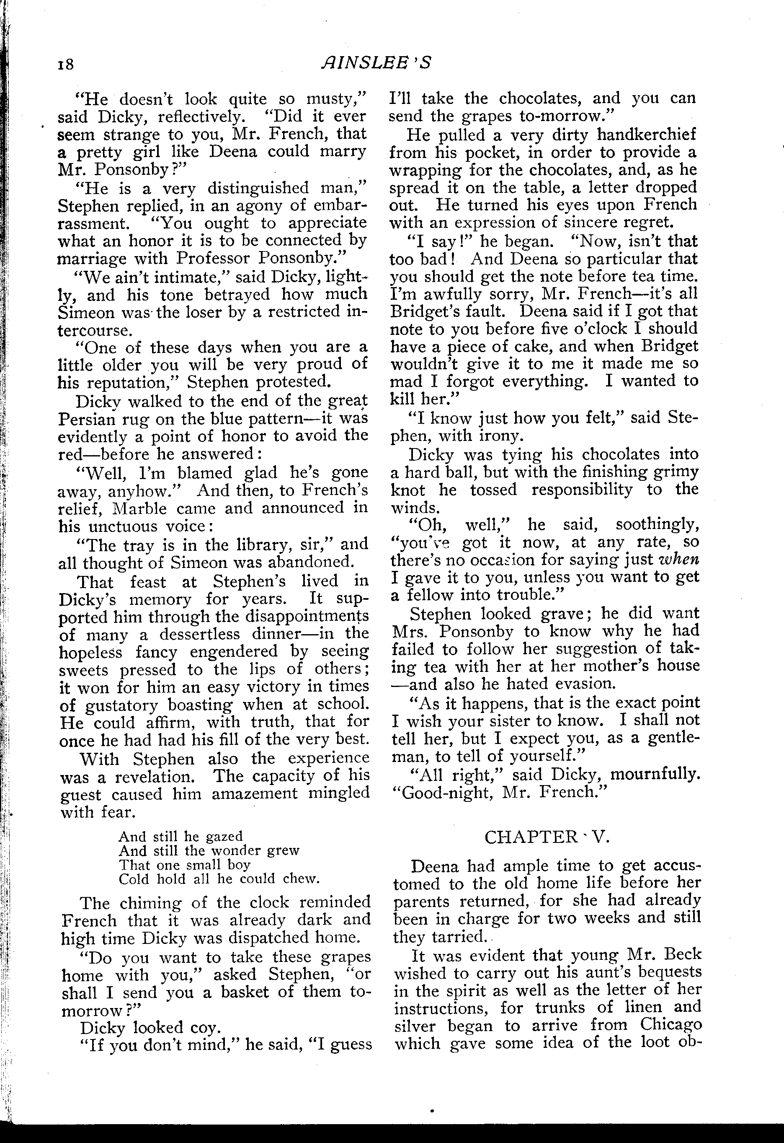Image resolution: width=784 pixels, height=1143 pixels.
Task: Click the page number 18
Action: coord(65,65)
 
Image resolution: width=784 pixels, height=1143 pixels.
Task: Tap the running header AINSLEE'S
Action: coord(376,62)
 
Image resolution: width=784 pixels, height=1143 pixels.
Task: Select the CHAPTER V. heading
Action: coord(547,837)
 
